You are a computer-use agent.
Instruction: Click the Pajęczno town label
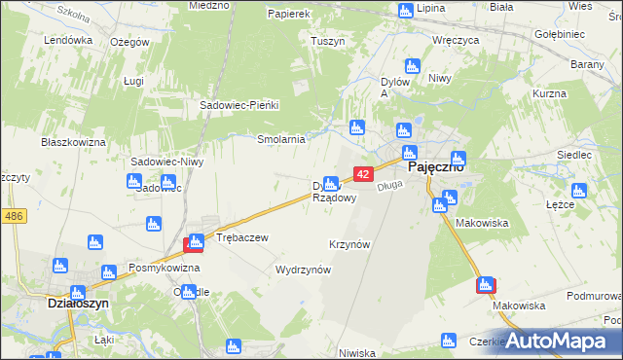pyautogui.click(x=434, y=166)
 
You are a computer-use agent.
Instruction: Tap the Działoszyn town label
pyautogui.click(x=76, y=303)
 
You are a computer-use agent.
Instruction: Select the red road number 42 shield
pyautogui.click(x=362, y=173)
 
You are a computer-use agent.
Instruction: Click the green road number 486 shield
pyautogui.click(x=13, y=216)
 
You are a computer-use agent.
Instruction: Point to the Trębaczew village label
pyautogui.click(x=241, y=237)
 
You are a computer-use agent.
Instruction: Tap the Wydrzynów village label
pyautogui.click(x=304, y=270)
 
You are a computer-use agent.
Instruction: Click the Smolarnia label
pyautogui.click(x=281, y=139)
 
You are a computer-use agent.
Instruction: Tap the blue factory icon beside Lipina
pyautogui.click(x=405, y=11)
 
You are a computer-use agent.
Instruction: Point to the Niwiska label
pyautogui.click(x=358, y=353)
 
